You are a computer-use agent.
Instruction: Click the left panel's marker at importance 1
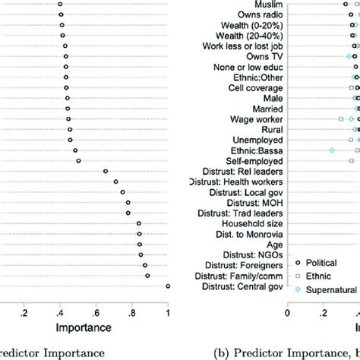tap(168, 286)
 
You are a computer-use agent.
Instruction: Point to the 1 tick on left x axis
tap(168, 311)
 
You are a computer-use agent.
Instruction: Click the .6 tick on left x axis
tap(96, 311)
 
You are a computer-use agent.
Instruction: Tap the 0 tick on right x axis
tap(287, 311)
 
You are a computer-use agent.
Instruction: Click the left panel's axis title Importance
tap(78, 327)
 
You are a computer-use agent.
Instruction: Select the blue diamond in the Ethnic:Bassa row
tap(331, 150)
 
